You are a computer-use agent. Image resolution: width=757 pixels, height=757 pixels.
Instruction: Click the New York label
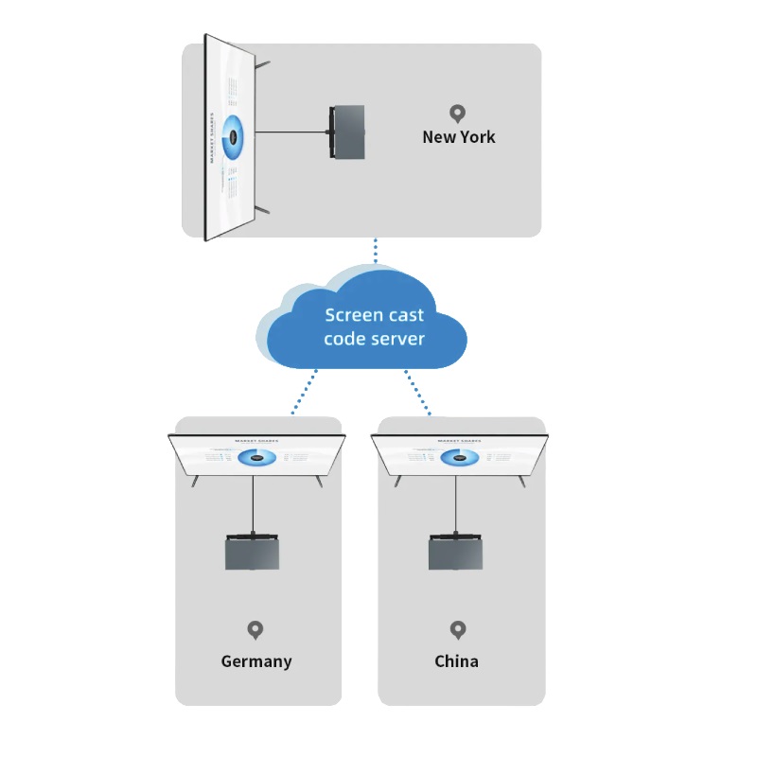point(459,137)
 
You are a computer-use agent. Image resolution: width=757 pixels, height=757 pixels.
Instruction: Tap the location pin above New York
point(458,114)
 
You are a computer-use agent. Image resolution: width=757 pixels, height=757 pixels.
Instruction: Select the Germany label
point(256,661)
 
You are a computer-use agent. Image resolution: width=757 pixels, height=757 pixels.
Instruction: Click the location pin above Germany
point(255,629)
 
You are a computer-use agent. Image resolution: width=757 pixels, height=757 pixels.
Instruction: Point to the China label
point(457,661)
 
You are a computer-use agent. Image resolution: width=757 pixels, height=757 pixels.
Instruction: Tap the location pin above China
point(458,629)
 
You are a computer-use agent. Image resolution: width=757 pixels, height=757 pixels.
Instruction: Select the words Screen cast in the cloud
point(375,315)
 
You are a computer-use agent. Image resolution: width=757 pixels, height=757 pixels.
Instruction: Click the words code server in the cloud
point(375,339)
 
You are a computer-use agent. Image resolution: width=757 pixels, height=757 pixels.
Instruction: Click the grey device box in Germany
point(253,553)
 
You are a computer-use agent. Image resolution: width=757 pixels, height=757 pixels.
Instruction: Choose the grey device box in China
point(455,553)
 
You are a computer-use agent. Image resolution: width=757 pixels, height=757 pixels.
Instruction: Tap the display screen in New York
point(230,137)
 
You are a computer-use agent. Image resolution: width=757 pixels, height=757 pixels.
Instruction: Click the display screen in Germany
point(256,456)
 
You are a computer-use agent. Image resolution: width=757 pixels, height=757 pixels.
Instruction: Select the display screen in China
point(460,456)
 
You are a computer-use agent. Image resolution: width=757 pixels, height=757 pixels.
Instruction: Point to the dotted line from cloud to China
point(417,392)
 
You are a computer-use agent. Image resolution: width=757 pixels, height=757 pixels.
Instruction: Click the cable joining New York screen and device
point(291,132)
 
